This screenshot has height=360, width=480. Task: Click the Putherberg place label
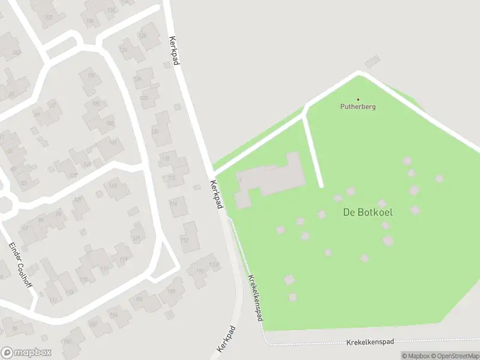tap(358, 107)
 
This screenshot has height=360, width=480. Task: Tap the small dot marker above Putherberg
tap(358, 100)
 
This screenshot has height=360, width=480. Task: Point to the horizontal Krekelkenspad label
tap(370, 342)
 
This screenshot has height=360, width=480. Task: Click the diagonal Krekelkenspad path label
tap(255, 298)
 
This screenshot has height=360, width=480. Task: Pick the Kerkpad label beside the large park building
tap(217, 194)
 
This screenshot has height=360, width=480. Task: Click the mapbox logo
tap(26, 353)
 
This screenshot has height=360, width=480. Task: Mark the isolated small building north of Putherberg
tap(373, 61)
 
